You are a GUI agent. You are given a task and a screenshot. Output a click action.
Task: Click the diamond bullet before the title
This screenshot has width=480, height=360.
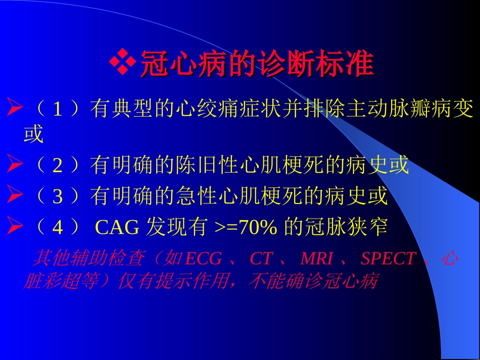pyautogui.click(x=123, y=63)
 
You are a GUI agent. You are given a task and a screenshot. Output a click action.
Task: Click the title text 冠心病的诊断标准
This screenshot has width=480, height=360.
pyautogui.click(x=257, y=64)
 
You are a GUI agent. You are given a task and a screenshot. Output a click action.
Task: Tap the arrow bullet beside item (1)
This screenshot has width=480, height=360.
pyautogui.click(x=15, y=108)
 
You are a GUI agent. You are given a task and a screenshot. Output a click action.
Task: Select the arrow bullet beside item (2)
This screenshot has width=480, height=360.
pyautogui.click(x=15, y=165)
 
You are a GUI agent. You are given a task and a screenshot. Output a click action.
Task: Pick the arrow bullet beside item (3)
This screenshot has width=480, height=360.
pyautogui.click(x=15, y=196)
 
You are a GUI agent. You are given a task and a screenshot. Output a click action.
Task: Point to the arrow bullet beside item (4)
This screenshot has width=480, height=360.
pyautogui.click(x=15, y=228)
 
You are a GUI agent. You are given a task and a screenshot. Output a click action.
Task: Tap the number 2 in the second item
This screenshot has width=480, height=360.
pyautogui.click(x=58, y=166)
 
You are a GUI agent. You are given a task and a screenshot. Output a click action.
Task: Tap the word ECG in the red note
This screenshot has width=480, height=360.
pyautogui.click(x=204, y=259)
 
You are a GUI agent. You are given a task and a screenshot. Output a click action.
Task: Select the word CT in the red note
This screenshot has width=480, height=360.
pyautogui.click(x=261, y=259)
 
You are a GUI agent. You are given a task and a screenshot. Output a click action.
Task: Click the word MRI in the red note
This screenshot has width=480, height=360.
pyautogui.click(x=317, y=259)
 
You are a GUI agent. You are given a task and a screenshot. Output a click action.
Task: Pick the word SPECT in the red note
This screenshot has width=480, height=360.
pyautogui.click(x=388, y=259)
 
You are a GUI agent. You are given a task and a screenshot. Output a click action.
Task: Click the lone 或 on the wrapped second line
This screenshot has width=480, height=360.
pyautogui.click(x=33, y=135)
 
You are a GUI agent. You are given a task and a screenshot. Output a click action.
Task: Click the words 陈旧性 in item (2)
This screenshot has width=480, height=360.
pyautogui.click(x=204, y=166)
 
